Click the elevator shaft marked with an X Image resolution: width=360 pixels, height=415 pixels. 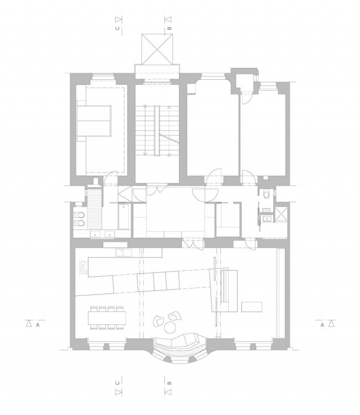[x=157, y=49]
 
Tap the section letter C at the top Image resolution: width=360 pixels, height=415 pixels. [x=118, y=28]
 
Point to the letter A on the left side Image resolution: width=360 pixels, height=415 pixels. [x=38, y=325]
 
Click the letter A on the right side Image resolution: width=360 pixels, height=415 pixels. [x=322, y=325]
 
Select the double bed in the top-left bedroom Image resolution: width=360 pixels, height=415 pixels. [x=94, y=121]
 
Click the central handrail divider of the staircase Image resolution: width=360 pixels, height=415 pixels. [x=157, y=129]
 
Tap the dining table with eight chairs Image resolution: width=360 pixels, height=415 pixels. [x=107, y=318]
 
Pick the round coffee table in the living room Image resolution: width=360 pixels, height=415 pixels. [x=170, y=327]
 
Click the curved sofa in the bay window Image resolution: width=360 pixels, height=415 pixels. [x=180, y=344]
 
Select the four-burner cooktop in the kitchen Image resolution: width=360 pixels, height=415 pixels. [x=83, y=267]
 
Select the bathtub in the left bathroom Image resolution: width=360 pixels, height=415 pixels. [x=124, y=217]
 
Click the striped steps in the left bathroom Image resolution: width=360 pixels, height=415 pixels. [x=95, y=207]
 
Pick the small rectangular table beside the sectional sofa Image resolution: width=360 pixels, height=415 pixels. [x=252, y=307]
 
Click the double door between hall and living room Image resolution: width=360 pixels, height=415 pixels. [x=193, y=243]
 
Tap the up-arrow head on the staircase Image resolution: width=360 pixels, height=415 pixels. [x=169, y=107]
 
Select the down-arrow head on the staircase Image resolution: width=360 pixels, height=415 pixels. [x=145, y=153]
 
